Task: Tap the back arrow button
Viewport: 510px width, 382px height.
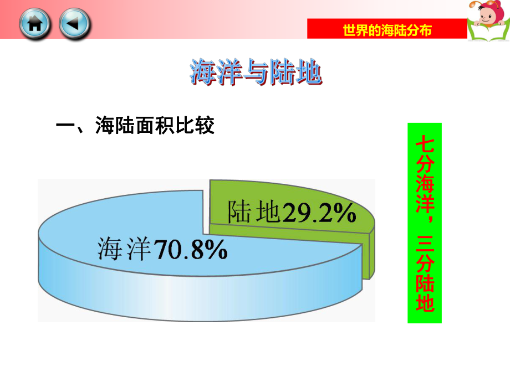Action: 74,24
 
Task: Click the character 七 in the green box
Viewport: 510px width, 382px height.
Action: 425,143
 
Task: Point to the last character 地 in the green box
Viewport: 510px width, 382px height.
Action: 425,302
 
